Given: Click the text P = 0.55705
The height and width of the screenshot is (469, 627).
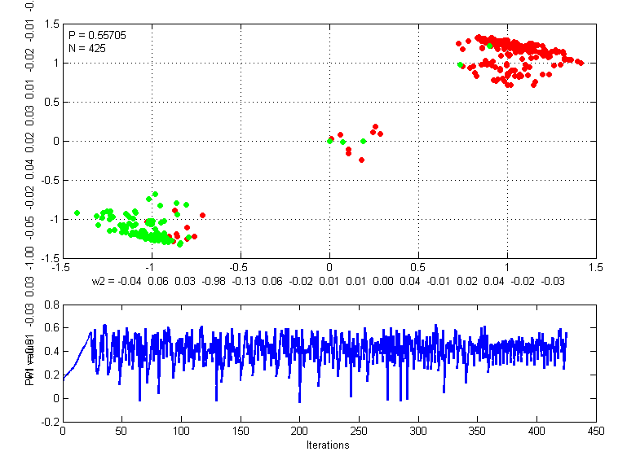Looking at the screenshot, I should (x=97, y=35).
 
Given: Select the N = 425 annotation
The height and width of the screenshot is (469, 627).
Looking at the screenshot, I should (x=86, y=48).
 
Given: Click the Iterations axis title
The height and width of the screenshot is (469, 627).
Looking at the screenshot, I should (x=329, y=445).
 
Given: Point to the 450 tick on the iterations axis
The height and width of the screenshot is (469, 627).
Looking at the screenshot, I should (x=596, y=431).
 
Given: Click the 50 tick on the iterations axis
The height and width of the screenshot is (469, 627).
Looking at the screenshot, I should (x=122, y=431).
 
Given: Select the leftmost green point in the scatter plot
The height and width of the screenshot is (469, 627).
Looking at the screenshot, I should (x=77, y=213).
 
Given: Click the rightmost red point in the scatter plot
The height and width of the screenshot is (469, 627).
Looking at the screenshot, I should (x=580, y=63).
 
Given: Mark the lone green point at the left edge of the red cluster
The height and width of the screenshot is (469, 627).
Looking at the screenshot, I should (x=461, y=64).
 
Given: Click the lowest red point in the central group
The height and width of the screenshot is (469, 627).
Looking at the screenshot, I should (x=361, y=160).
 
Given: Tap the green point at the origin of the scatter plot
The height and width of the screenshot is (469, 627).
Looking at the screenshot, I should (x=329, y=141).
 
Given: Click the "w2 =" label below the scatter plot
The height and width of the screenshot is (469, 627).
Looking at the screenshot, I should (x=104, y=280).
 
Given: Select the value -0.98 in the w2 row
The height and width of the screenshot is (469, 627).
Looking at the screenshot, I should (x=214, y=280).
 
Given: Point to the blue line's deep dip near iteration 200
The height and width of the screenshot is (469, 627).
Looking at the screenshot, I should (x=299, y=401).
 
